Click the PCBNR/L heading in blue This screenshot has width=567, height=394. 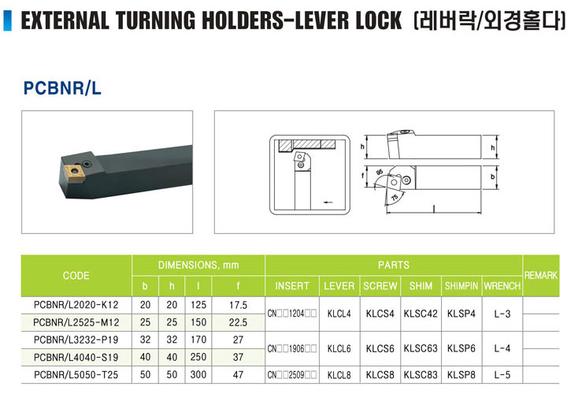[x=62, y=88]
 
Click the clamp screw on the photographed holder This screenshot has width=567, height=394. [x=87, y=164]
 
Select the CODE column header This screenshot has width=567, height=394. [x=76, y=275]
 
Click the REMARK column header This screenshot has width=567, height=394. [x=540, y=275]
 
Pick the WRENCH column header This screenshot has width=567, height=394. [x=502, y=286]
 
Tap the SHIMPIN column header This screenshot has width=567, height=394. [x=461, y=286]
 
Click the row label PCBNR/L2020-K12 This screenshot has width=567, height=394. [x=76, y=305]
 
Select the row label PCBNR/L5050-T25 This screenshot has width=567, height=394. [x=76, y=375]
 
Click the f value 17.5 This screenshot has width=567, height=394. [x=238, y=305]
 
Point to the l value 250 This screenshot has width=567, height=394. [x=198, y=357]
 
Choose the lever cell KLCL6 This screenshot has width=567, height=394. [x=339, y=349]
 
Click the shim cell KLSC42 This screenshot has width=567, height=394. [x=421, y=314]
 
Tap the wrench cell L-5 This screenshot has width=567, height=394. [x=502, y=375]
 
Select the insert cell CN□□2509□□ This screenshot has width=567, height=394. [x=292, y=375]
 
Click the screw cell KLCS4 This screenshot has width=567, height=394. [x=380, y=314]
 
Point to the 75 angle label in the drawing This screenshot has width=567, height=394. [x=395, y=197]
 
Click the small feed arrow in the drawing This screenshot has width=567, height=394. [x=328, y=203]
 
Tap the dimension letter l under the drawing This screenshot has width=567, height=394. [x=434, y=208]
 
